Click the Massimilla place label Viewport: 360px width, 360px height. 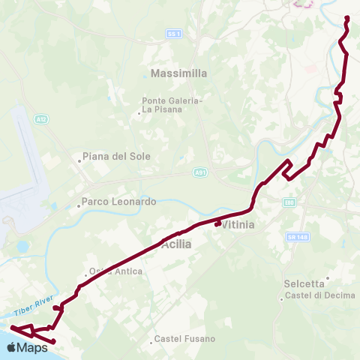tap(178, 73)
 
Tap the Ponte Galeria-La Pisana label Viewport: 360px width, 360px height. tap(172, 104)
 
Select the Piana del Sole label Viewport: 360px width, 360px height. tap(116, 157)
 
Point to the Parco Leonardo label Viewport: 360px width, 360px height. tap(118, 202)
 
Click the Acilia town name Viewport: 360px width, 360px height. tap(176, 244)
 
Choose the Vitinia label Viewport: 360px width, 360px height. tap(238, 224)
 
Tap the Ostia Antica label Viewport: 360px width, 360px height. tap(115, 271)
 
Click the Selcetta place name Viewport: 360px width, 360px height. tap(304, 283)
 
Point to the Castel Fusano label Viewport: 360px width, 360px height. tap(184, 339)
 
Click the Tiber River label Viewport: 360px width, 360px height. tap(32, 307)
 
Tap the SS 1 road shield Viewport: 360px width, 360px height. tap(174, 34)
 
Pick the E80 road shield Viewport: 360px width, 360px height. tap(289, 202)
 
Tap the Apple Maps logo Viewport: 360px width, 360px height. tap(27, 347)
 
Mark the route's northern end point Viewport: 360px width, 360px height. tap(346, 18)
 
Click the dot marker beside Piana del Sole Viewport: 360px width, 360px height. tap(79, 159)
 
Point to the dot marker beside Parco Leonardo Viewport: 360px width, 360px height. tap(78, 204)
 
